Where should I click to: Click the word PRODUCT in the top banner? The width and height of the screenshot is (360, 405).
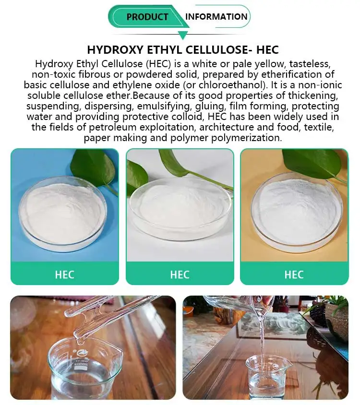tap(147, 17)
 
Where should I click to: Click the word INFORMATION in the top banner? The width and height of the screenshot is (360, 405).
tap(216, 16)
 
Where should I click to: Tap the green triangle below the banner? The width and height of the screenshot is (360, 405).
tap(182, 35)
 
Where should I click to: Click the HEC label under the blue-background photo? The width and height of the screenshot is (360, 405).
tap(64, 274)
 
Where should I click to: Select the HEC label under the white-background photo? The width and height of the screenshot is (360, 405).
tap(180, 274)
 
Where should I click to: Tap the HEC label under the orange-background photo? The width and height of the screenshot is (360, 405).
tap(294, 274)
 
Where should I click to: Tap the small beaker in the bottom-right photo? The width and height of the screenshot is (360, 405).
tap(268, 376)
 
